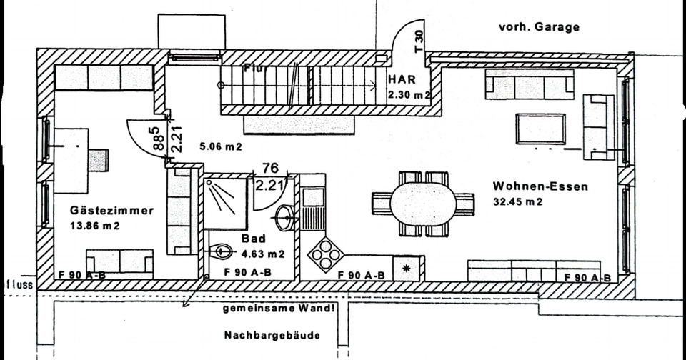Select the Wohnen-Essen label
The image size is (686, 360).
coord(540,187)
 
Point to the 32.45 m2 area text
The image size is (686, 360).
coord(518,201)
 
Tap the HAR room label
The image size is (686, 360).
coord(399,79)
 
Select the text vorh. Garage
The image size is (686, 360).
coord(539,28)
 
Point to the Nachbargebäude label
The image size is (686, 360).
coord(272,335)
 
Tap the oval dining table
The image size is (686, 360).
coord(423,204)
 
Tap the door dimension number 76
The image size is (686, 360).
coord(270,169)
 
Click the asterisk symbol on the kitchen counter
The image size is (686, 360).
coord(407,268)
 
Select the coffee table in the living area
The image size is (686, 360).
coord(541,129)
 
